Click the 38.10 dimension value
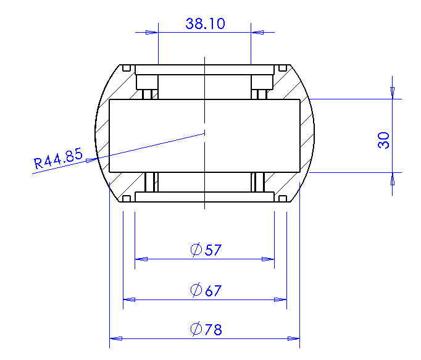pos(205,23)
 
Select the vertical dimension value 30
pos(383,140)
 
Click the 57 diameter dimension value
pos(213,250)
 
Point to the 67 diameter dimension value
pos(214,291)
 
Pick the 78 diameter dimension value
pos(214,330)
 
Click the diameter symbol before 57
pos(196,250)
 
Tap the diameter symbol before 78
pos(196,329)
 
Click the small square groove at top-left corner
pos(127,68)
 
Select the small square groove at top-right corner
pos(283,68)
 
